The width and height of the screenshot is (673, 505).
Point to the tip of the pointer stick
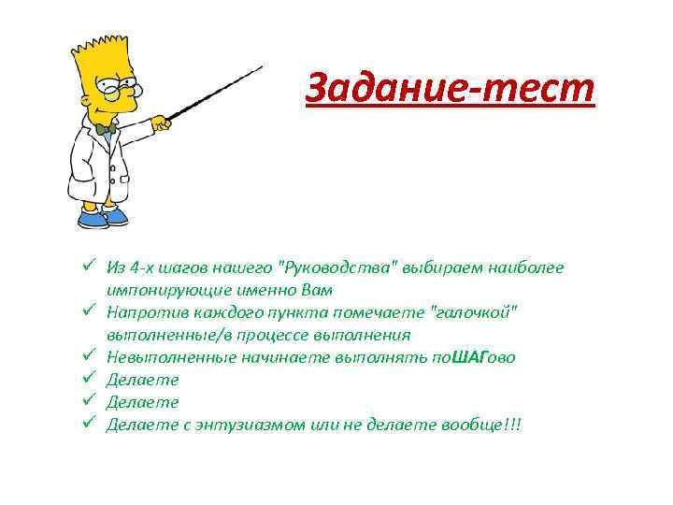coord(262,67)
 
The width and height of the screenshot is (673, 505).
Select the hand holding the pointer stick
coord(162,121)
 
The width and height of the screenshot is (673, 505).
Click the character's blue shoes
coord(105,219)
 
